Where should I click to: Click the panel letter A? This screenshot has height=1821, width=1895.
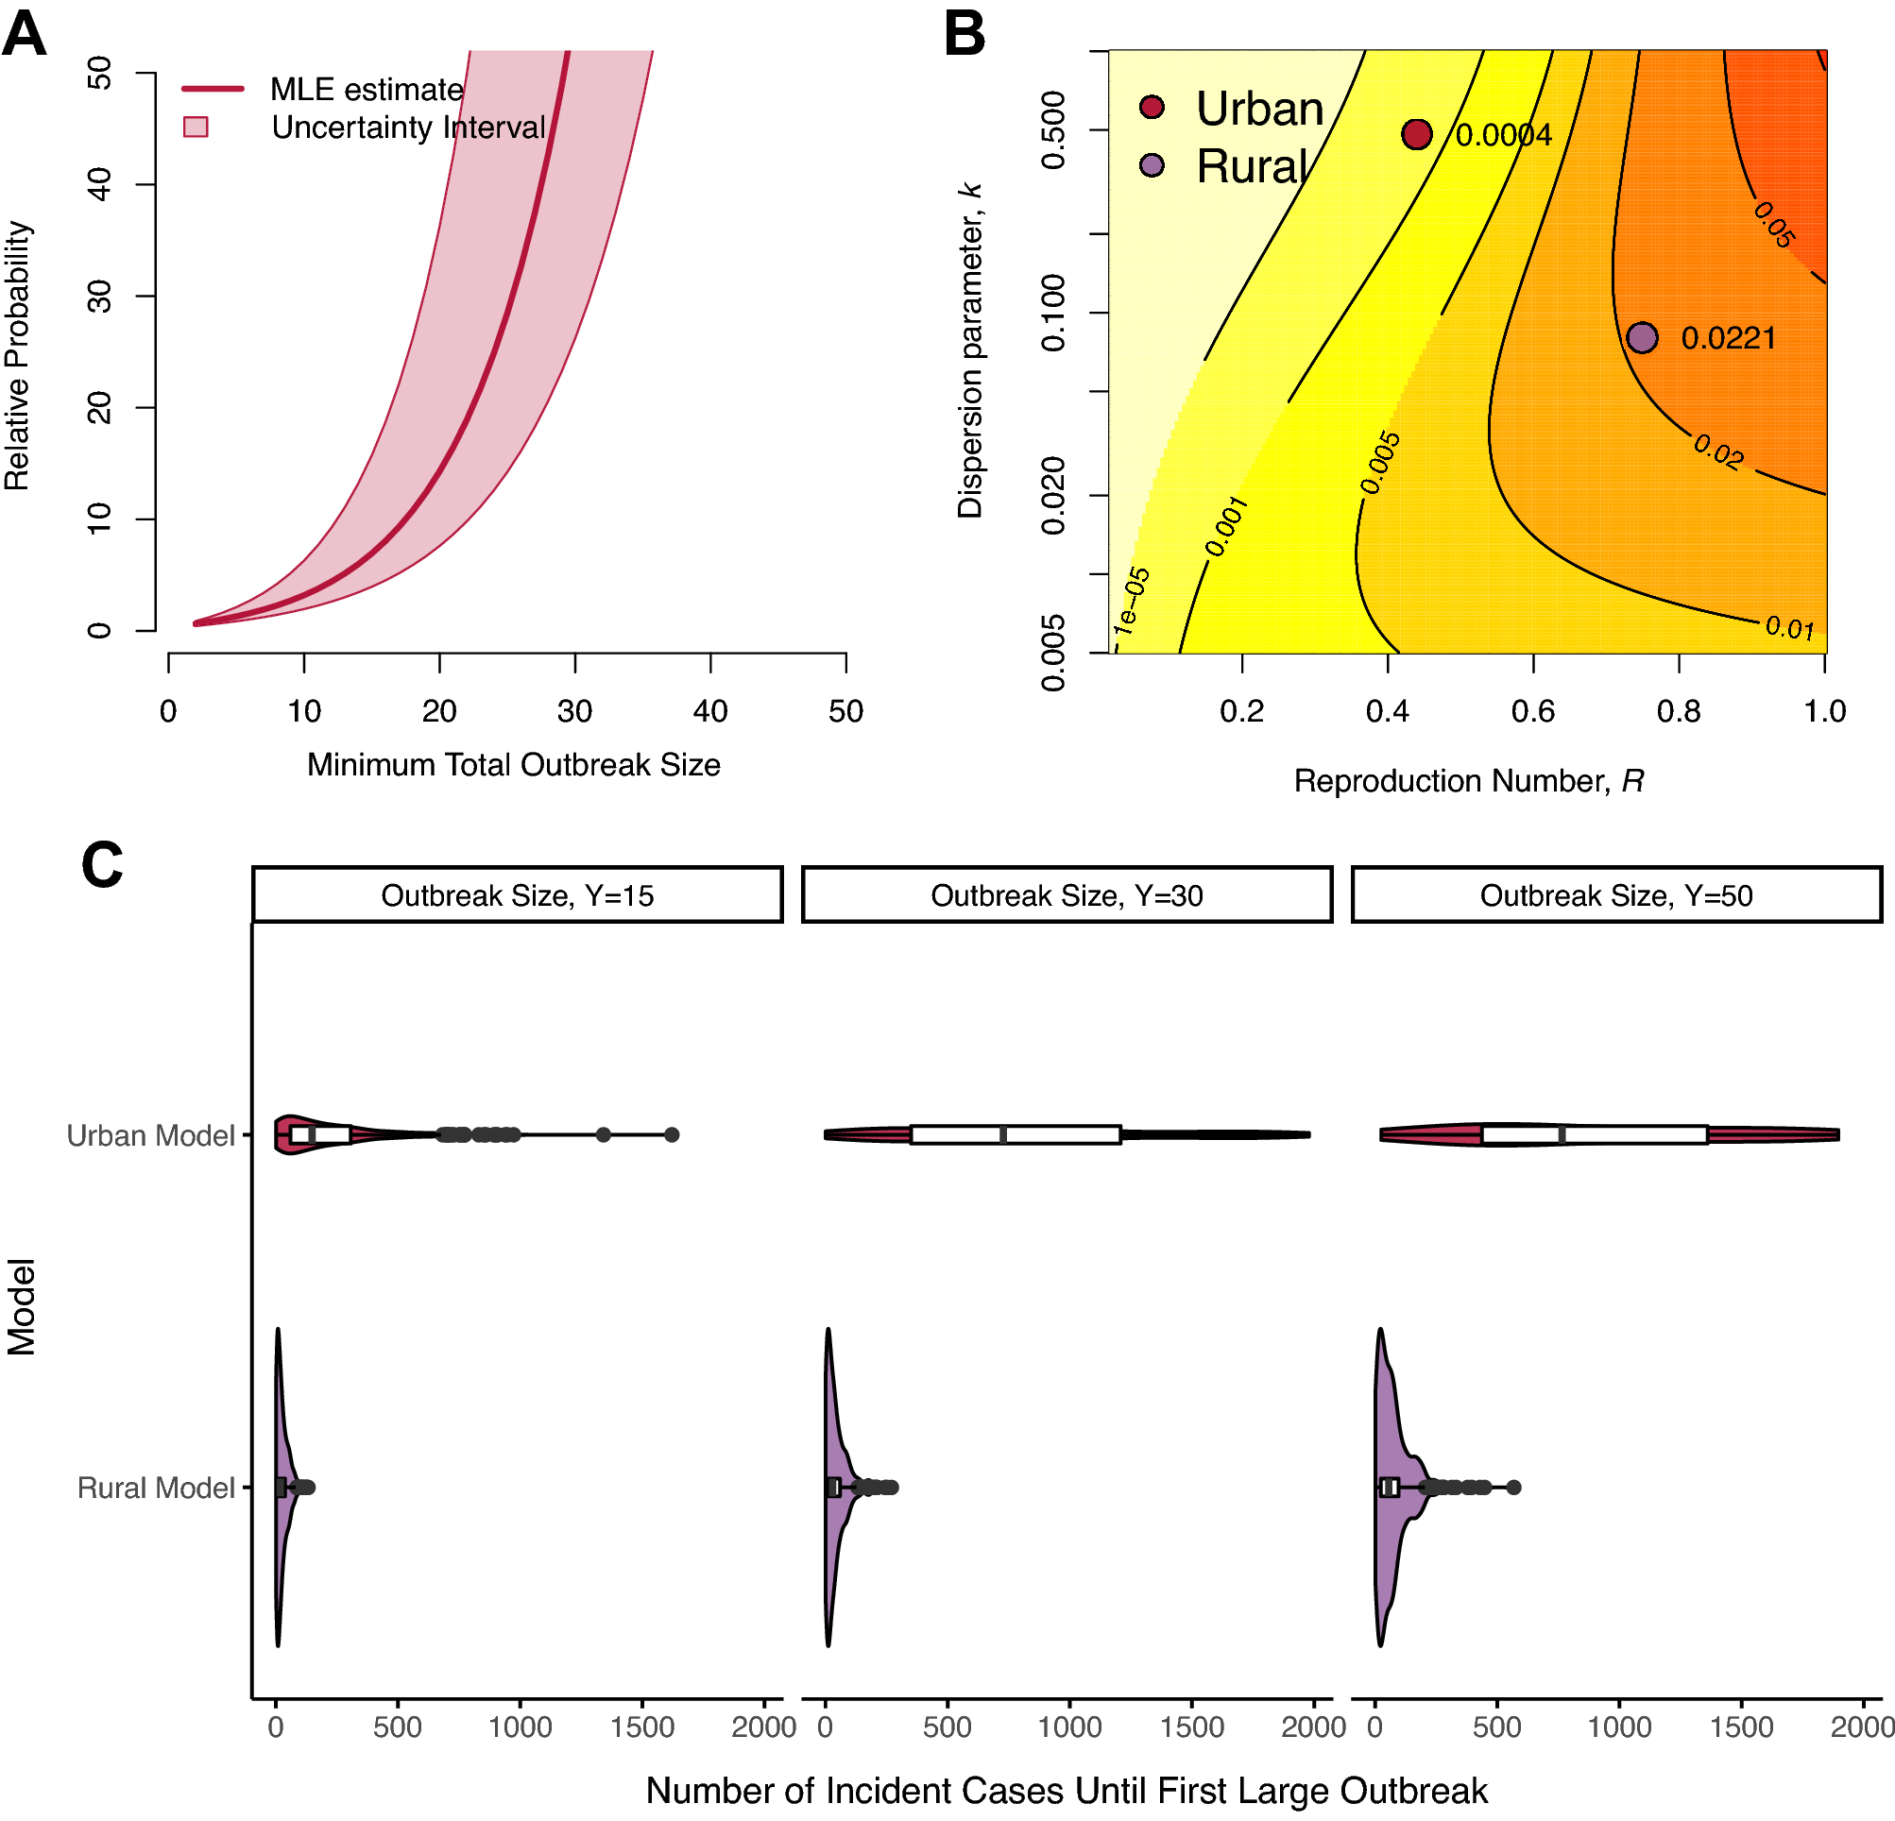pos(25,34)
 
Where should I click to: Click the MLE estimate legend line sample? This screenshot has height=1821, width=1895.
pos(213,89)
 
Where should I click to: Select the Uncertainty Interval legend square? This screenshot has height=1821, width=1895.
pos(196,127)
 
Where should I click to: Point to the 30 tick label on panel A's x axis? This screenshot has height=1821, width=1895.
pos(574,711)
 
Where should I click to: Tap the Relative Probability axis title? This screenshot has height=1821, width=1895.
pos(17,355)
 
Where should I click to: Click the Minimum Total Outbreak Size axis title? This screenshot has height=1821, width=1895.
pos(513,764)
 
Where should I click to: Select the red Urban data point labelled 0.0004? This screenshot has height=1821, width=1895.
pos(1416,134)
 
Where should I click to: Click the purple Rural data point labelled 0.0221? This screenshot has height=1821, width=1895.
pos(1642,337)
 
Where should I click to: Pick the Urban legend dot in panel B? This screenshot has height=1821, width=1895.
pos(1152,108)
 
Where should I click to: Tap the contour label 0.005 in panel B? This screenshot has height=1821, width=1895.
pos(1379,462)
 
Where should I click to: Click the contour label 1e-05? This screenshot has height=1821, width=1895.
pos(1131,602)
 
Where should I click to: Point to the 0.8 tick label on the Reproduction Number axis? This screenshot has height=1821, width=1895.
pos(1679,711)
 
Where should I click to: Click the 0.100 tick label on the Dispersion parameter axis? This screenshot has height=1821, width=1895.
pos(1053,313)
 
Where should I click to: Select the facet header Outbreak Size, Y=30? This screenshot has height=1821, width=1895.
pos(1067,895)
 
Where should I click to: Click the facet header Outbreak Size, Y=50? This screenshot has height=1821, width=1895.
pos(1615,895)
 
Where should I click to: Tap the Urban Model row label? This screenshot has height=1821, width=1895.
pos(151,1134)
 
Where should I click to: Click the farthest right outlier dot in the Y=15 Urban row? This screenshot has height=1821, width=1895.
pos(672,1134)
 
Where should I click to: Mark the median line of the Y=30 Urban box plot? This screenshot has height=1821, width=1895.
pos(1003,1134)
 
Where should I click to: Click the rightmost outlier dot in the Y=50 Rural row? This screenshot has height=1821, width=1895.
pos(1514,1488)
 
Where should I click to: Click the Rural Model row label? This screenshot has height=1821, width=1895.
pos(156,1488)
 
